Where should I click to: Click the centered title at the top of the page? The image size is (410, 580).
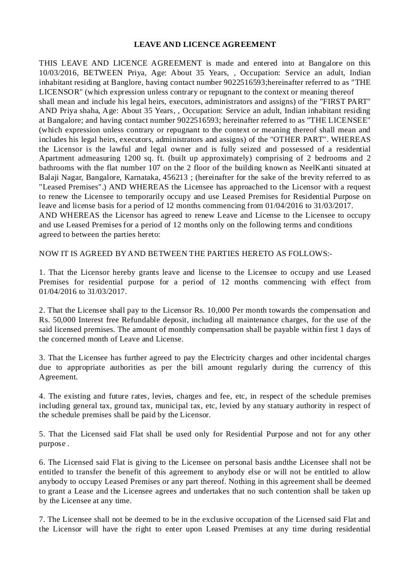pyautogui.click(x=204, y=44)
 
